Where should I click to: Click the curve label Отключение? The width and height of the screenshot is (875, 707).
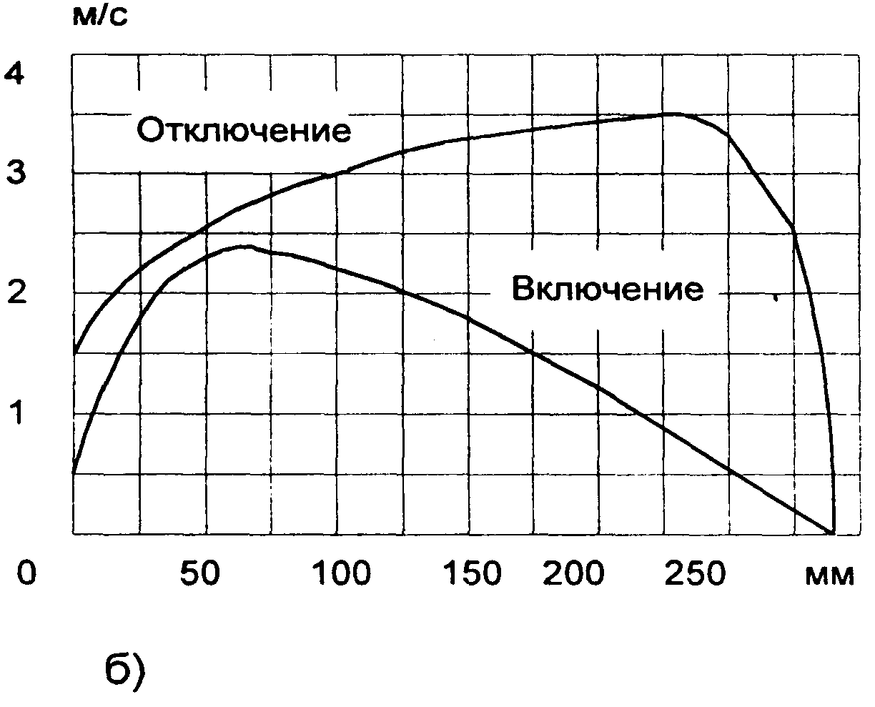243,131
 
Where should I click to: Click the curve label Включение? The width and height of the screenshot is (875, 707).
608,290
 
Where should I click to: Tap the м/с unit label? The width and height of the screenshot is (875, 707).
101,16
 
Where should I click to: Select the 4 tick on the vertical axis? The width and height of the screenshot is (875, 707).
16,72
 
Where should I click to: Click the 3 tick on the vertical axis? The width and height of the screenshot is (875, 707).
16,172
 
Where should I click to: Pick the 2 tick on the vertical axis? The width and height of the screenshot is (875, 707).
16,292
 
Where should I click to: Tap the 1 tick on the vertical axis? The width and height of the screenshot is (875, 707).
16,412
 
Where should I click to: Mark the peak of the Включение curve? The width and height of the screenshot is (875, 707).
244,247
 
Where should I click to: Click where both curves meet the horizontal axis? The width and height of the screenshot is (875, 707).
833,533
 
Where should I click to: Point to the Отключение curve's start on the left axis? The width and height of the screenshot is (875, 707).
73,353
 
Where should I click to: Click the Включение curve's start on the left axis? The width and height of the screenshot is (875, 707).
73,473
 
